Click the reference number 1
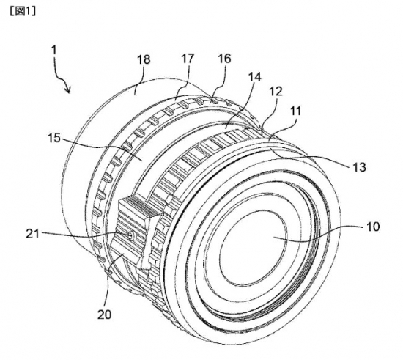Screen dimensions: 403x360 [53, 50]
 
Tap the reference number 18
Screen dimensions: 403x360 [144, 59]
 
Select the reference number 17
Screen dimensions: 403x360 [188, 59]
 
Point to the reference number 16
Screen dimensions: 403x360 [224, 59]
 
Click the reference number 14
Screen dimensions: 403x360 [255, 77]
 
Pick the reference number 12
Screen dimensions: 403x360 [276, 92]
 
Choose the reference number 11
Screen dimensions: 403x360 [295, 111]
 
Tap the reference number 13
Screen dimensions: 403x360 [359, 167]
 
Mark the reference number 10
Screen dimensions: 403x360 [373, 227]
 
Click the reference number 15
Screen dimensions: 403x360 [54, 139]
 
